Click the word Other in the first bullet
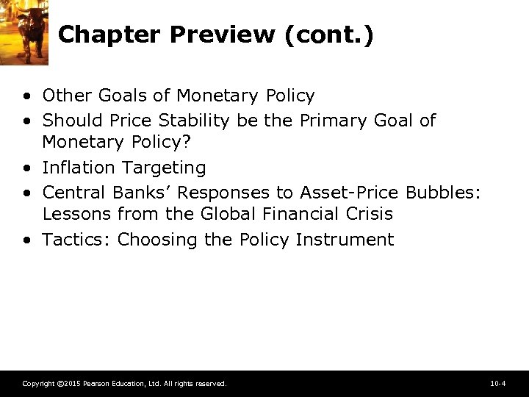[x=65, y=96]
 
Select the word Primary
[x=334, y=120]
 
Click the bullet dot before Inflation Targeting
[x=26, y=168]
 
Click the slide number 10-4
[x=497, y=384]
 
